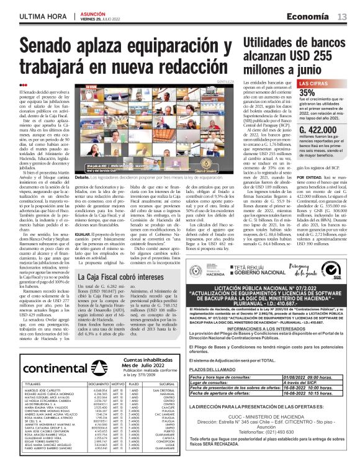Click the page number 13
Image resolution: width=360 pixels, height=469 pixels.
tap(342, 16)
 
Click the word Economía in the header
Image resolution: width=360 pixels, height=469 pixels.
tap(309, 16)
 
